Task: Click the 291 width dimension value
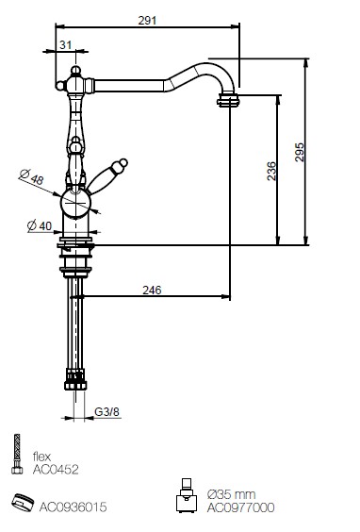(147, 21)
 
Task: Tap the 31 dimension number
(66, 44)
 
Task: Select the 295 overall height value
(300, 153)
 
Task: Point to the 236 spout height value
(271, 171)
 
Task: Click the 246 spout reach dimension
(152, 291)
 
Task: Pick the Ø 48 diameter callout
(31, 176)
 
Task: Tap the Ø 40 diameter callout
(40, 225)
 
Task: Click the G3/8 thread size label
(106, 411)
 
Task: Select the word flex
(41, 457)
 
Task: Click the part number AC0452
(56, 469)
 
